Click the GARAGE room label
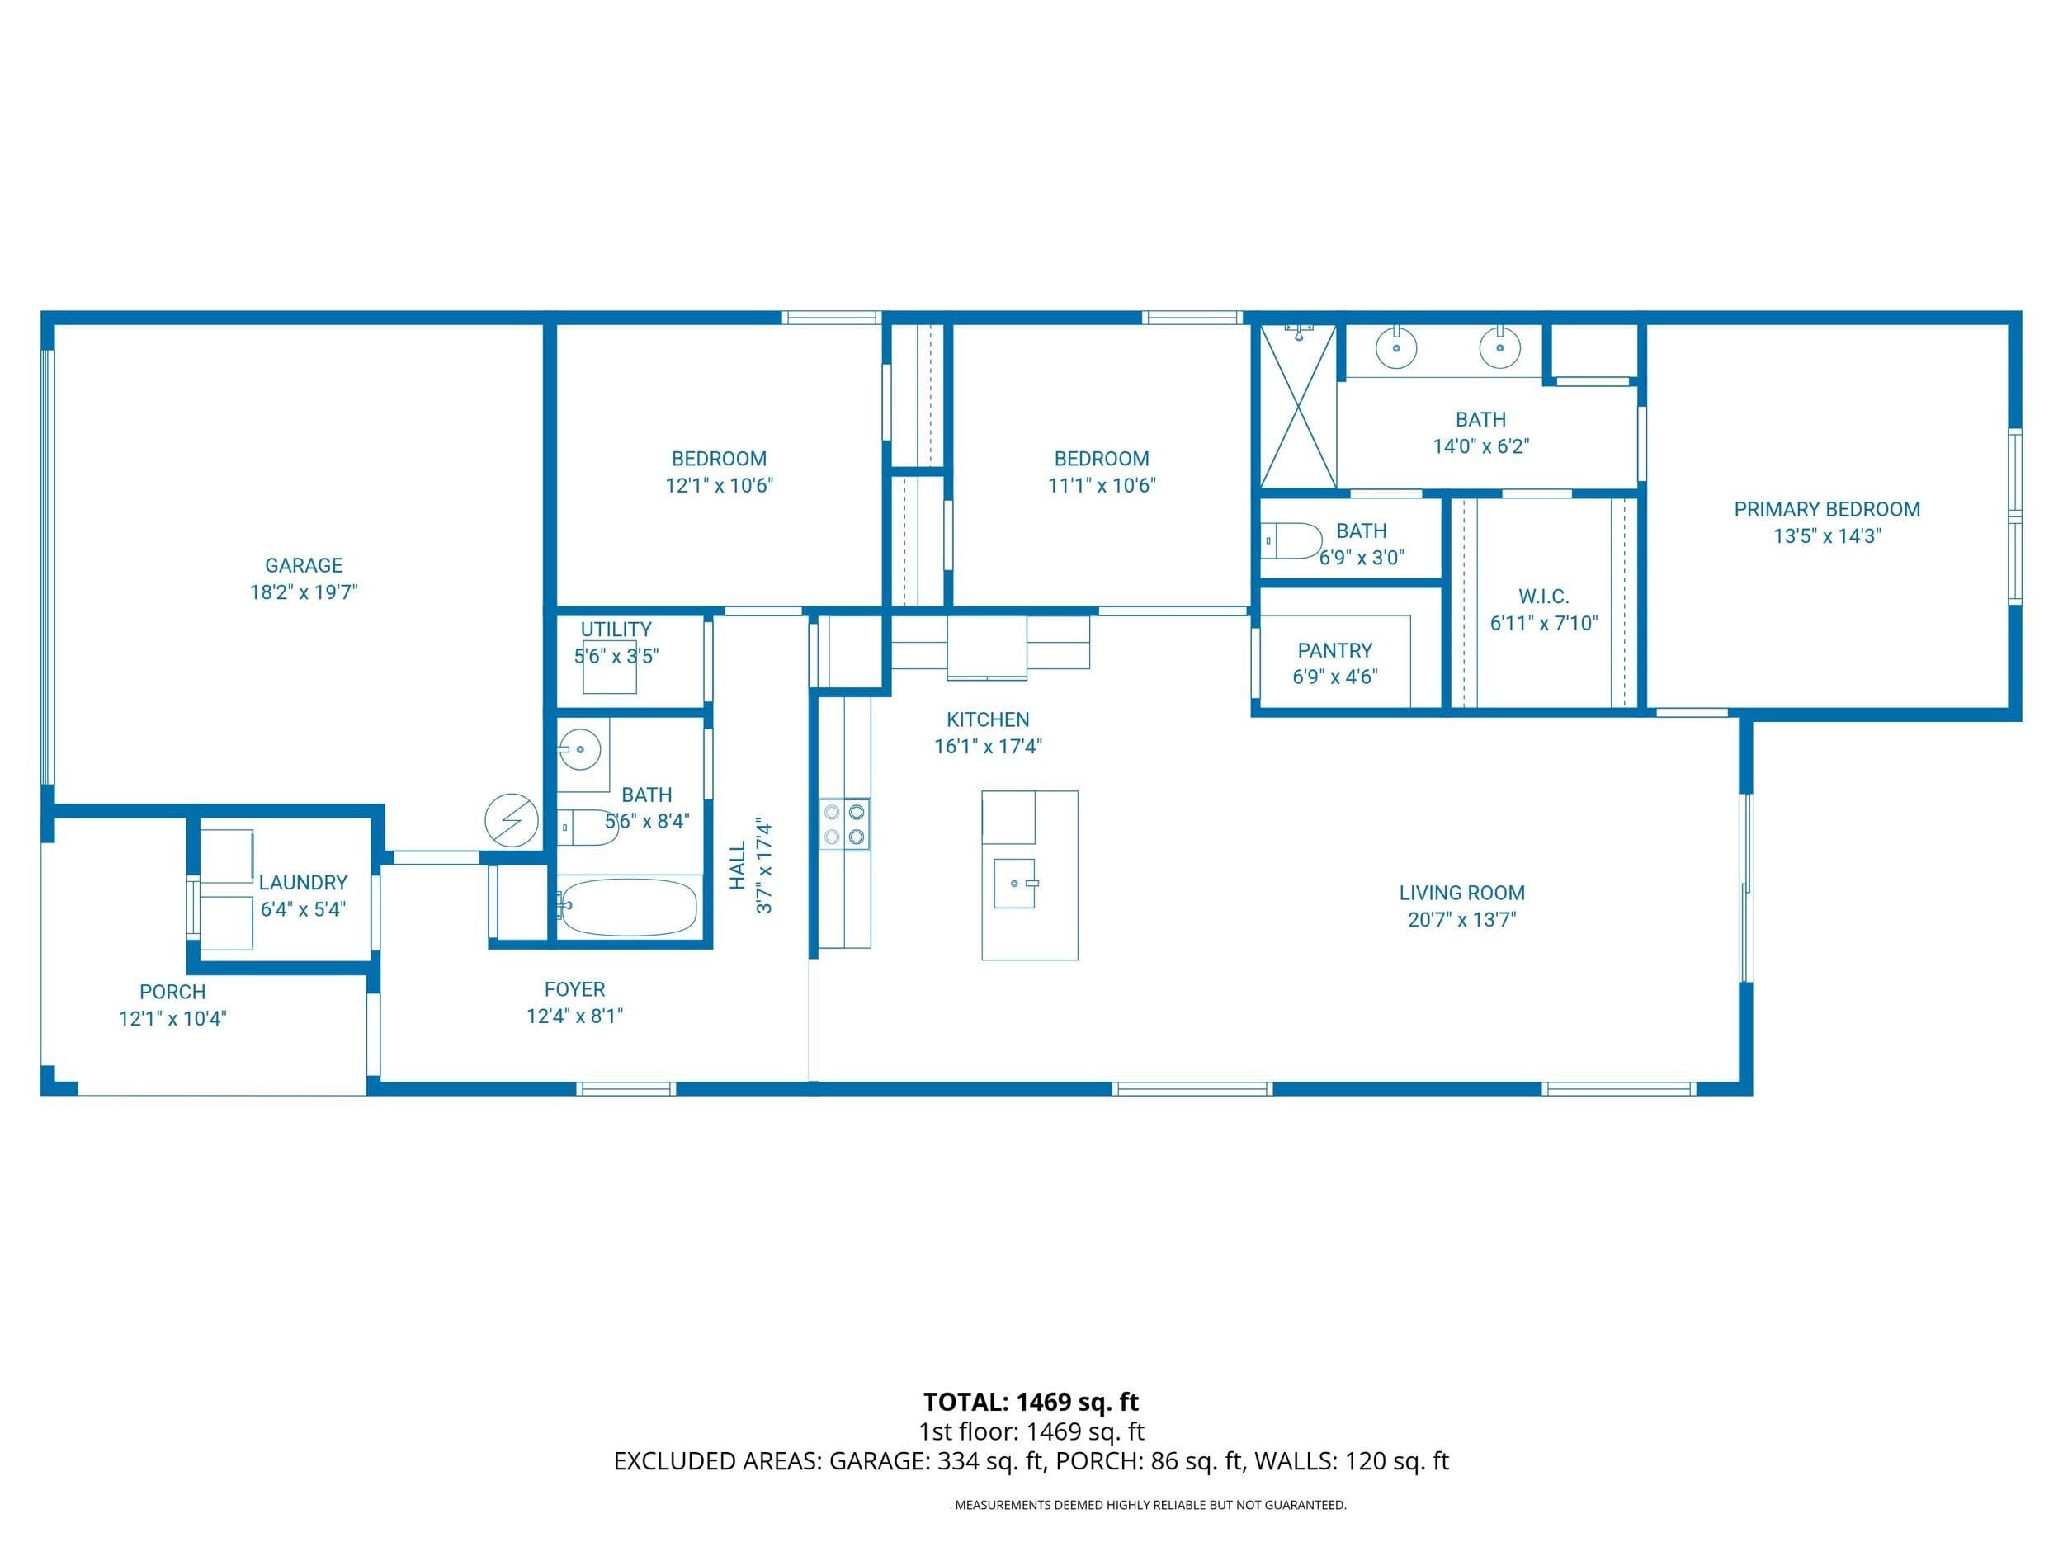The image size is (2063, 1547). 304,565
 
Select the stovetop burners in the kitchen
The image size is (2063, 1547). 845,824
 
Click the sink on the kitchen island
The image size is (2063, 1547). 1015,883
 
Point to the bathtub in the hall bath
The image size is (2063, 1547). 628,907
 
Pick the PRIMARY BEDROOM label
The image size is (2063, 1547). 1827,509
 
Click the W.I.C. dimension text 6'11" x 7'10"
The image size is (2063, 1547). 1543,623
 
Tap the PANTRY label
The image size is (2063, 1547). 1334,650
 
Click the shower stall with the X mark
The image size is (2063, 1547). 1298,406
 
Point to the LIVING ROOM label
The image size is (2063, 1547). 1461,893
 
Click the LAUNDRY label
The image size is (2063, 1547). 303,882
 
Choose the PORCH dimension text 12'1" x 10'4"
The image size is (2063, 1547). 172,1018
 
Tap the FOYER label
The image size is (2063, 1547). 574,989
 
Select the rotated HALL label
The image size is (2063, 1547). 738,865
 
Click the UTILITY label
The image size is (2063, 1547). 616,630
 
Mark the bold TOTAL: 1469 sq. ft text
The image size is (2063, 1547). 1031,1402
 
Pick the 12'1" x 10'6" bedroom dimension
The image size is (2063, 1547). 719,485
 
